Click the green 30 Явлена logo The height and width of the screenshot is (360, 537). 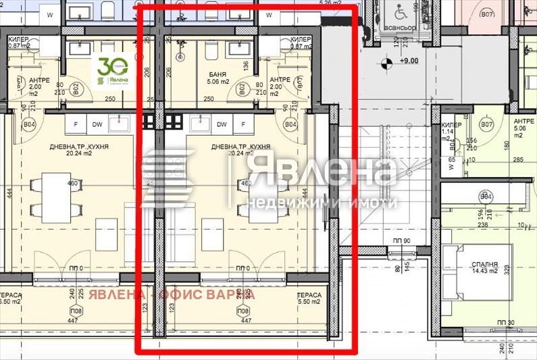tap(112, 71)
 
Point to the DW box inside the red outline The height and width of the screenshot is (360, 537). tap(221, 124)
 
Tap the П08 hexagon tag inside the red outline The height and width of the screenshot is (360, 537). tap(241, 311)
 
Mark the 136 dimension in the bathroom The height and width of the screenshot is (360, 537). tap(247, 66)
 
